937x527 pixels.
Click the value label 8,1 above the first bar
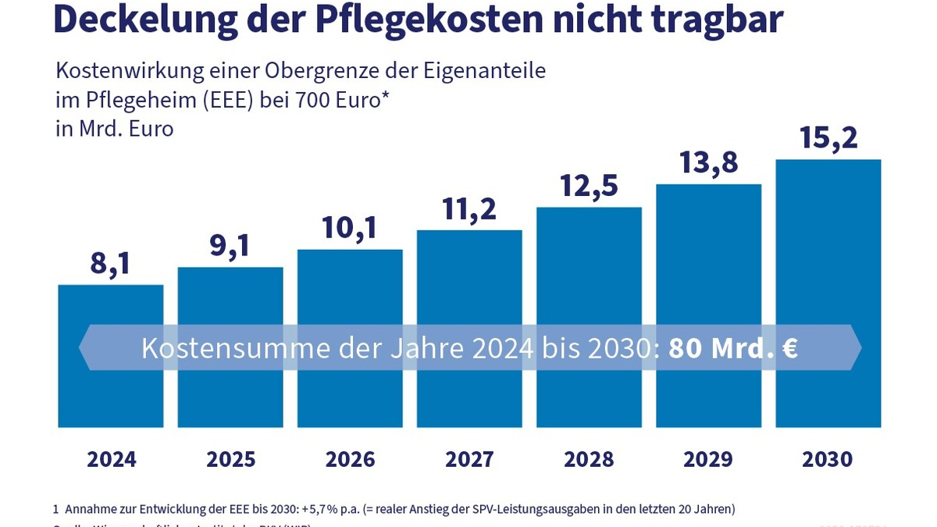[x=110, y=265]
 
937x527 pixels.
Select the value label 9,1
[x=230, y=247]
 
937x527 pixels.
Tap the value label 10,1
[x=349, y=228]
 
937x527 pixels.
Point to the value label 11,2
[x=468, y=209]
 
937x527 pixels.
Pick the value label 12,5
[x=589, y=186]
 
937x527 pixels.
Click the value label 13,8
[x=708, y=163]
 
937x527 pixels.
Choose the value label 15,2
[x=828, y=138]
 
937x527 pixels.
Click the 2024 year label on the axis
[x=111, y=459]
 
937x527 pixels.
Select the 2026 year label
[x=350, y=459]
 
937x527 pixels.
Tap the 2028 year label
[x=589, y=459]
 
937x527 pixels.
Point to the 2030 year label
[x=828, y=459]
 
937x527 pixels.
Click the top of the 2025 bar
[x=230, y=268]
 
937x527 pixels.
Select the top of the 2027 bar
[x=469, y=231]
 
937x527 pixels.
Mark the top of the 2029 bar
[x=708, y=185]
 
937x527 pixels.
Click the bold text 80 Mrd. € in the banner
[x=732, y=348]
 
